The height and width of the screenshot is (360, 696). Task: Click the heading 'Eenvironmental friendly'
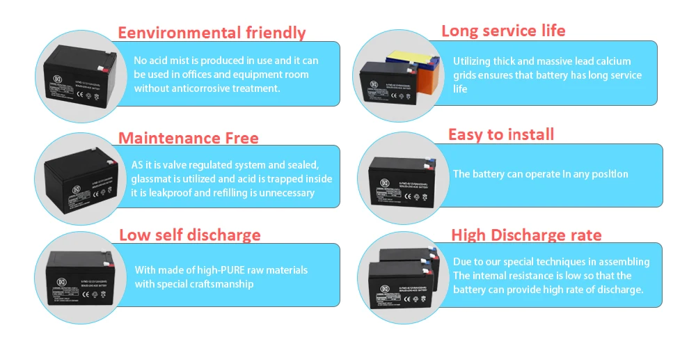212,33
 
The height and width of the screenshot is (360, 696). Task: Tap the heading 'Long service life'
503,31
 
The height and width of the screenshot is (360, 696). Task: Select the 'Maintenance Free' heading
188,138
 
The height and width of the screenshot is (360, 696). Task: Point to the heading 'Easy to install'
501,134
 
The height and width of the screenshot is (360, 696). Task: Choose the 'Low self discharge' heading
189,235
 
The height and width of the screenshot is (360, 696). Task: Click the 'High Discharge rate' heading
526,235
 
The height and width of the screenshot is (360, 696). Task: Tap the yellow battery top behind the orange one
400,56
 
